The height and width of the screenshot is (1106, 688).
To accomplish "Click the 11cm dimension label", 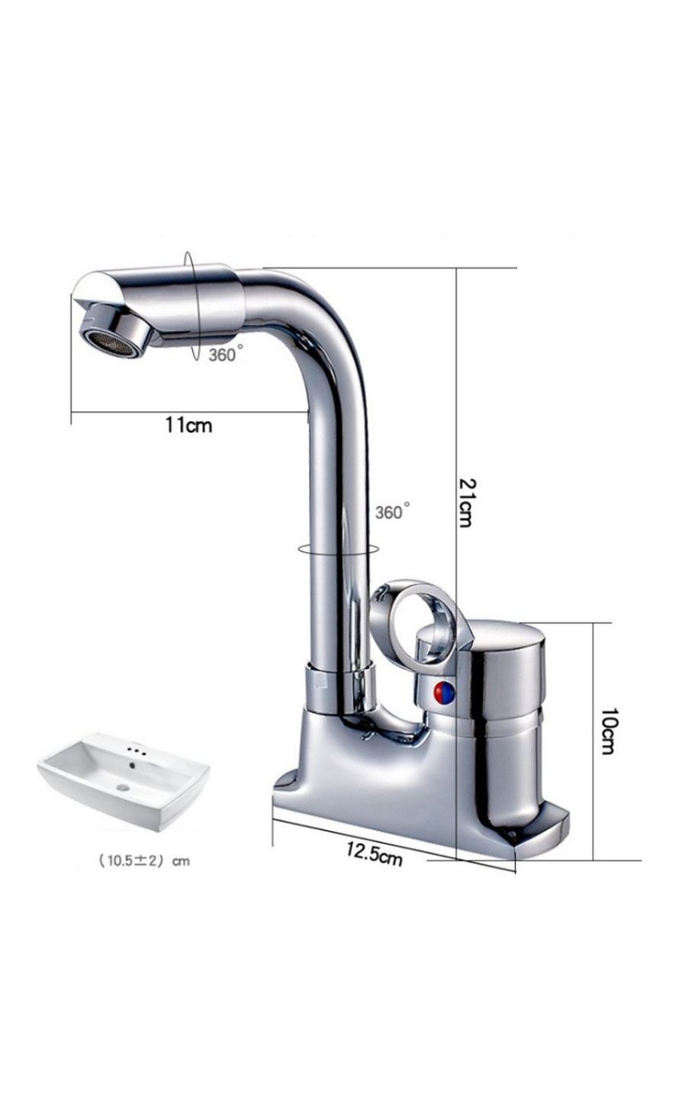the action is click(188, 425).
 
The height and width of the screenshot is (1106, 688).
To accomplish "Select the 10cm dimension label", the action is click(608, 731).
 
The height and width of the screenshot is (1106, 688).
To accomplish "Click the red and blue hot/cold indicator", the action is click(443, 693).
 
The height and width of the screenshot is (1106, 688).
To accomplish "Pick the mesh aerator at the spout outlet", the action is click(108, 344).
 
